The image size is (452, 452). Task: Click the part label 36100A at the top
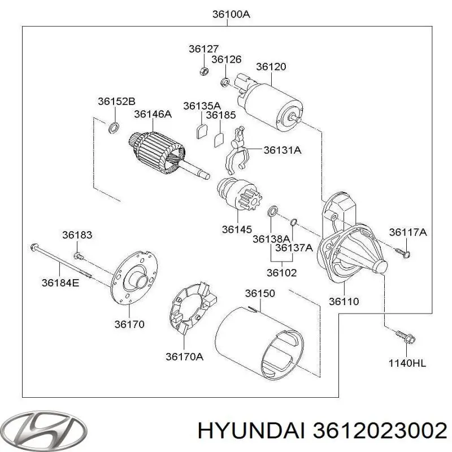[x=230, y=15]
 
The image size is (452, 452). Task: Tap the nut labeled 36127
[x=205, y=71]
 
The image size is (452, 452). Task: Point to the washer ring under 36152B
[x=113, y=128]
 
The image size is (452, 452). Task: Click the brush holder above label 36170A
[x=192, y=311]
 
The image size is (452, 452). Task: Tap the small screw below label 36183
[x=78, y=256]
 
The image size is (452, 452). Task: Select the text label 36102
[x=281, y=272]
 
